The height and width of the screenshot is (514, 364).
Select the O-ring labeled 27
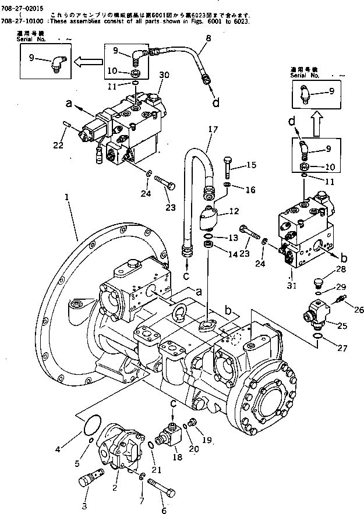[x=316, y=338]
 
